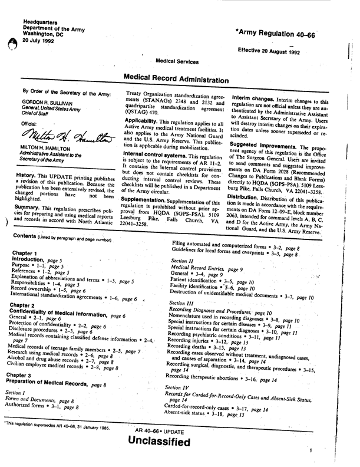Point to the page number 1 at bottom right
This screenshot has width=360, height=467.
point(309,450)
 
